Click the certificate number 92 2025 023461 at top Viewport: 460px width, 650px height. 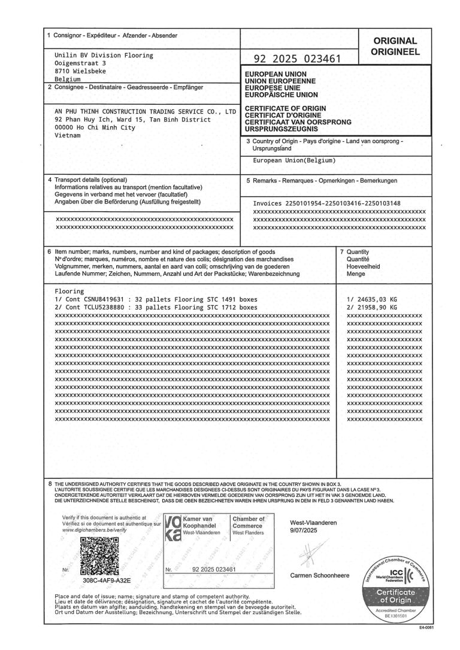(298, 59)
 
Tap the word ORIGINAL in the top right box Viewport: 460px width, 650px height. (395, 41)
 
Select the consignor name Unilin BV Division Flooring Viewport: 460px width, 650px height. (104, 55)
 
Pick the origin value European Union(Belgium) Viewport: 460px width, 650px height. (295, 161)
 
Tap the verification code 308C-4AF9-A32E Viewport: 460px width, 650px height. (107, 580)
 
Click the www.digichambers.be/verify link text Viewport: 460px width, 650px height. (90, 530)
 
